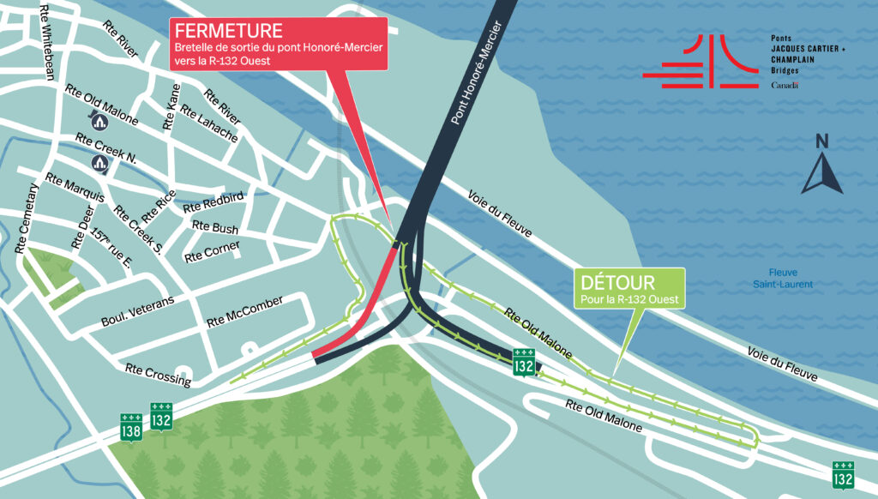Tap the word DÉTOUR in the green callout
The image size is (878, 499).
(x=618, y=282)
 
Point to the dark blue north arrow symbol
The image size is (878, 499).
(x=822, y=172)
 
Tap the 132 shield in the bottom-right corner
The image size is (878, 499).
(x=843, y=474)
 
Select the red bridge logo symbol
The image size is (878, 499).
(x=700, y=62)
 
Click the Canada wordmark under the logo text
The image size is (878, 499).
(x=785, y=86)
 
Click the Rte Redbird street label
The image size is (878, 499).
(x=213, y=201)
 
